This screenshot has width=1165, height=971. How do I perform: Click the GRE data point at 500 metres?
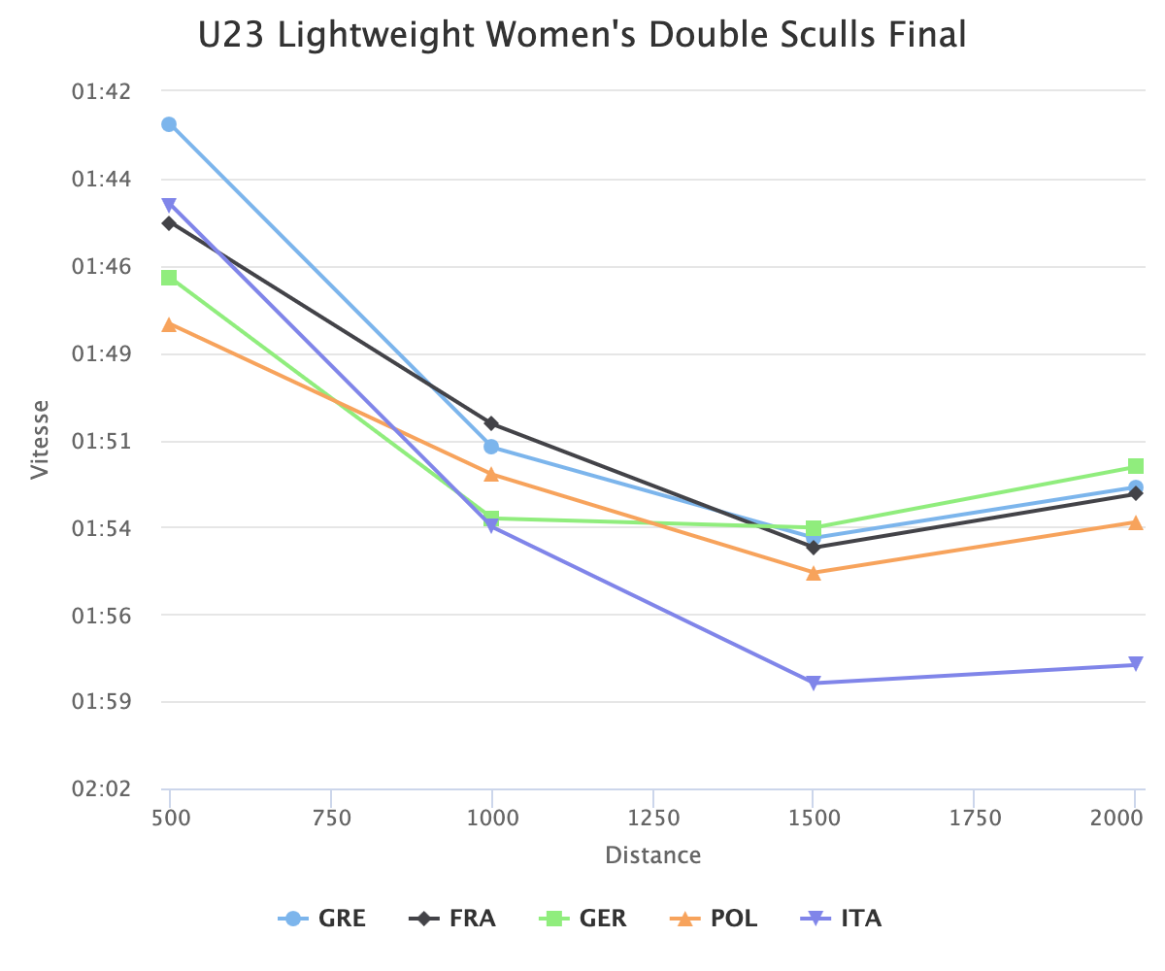(169, 124)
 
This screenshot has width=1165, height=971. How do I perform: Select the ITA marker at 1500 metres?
(814, 683)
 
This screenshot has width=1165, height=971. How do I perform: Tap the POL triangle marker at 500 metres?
(169, 324)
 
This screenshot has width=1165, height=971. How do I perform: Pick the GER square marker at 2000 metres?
(1136, 466)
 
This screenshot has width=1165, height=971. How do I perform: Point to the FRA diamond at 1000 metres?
(492, 423)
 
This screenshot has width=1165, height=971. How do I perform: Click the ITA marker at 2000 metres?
(1136, 665)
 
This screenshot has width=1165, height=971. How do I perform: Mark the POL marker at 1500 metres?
(814, 573)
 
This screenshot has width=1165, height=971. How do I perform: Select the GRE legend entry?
(322, 918)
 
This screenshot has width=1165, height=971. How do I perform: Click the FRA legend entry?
(452, 918)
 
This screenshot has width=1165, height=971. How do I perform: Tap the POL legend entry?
(715, 918)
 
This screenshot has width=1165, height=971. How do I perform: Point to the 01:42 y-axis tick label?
(102, 91)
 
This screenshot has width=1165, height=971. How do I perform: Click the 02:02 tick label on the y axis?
(102, 788)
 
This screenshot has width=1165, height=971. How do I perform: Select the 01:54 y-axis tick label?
(102, 528)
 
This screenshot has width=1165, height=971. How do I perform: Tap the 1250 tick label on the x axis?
(652, 819)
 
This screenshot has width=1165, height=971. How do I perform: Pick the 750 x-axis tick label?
(331, 819)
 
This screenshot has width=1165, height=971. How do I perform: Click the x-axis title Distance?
(652, 855)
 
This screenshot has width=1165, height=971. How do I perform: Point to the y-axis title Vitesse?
(39, 440)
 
